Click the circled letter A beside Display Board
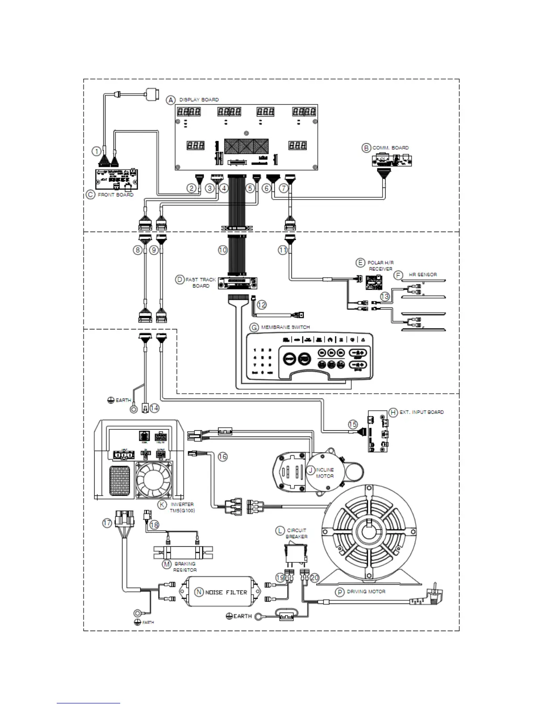click(x=171, y=100)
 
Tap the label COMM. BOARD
click(x=391, y=148)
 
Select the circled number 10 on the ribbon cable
click(x=223, y=250)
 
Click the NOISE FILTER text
click(x=226, y=592)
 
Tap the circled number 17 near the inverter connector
click(x=107, y=523)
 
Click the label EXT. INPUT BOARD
click(x=421, y=412)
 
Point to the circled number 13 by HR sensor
click(x=385, y=296)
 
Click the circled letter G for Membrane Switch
click(x=254, y=328)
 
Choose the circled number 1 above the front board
click(x=96, y=151)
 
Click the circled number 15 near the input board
click(x=353, y=424)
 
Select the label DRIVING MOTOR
click(x=366, y=591)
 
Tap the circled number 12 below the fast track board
click(x=261, y=305)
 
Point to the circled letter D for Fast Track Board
click(x=179, y=280)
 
